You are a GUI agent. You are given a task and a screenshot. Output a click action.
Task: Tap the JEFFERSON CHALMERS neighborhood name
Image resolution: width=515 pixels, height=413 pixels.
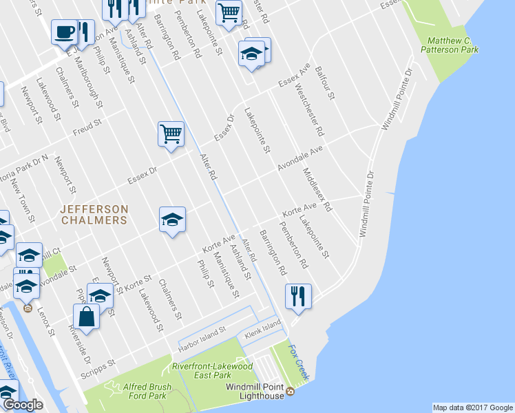(94, 214)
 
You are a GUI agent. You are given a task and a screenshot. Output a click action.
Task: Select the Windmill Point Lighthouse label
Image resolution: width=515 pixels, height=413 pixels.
(255, 391)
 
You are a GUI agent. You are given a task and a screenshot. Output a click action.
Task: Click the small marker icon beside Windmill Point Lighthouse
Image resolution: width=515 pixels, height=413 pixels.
(290, 392)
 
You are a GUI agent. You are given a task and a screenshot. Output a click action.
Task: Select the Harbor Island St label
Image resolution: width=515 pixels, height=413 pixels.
(203, 335)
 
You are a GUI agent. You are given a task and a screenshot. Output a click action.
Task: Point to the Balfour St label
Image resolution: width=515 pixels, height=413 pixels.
(324, 83)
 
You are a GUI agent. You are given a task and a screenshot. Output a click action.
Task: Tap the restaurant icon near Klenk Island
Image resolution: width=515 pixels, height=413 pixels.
(298, 296)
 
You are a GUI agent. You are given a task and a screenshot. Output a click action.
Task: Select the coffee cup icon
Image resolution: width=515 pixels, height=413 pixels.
(65, 32)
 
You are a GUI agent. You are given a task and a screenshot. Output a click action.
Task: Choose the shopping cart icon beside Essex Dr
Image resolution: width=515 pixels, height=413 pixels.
(171, 133)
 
